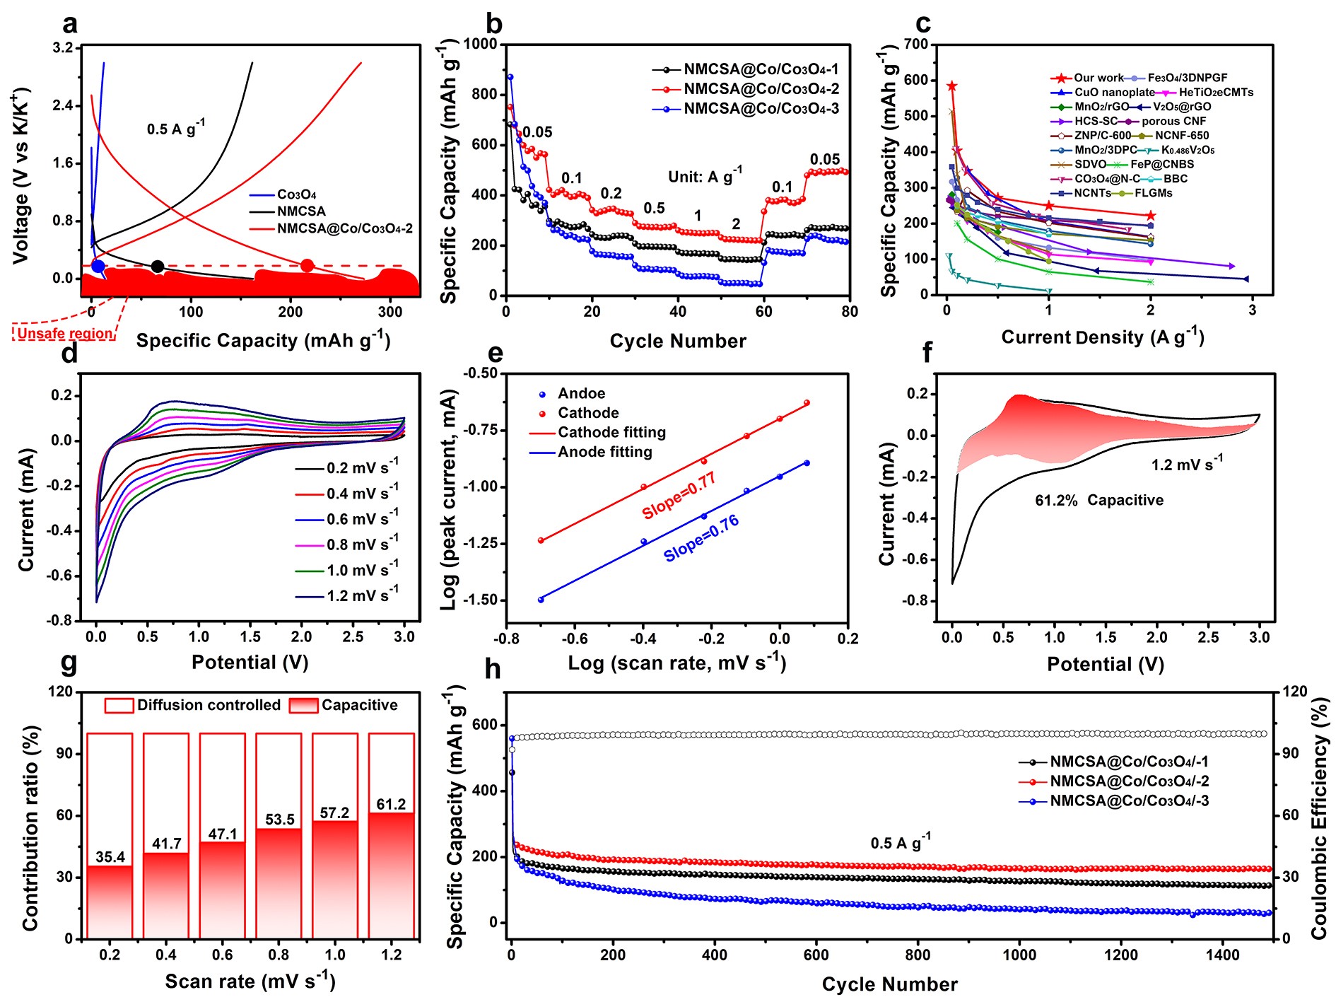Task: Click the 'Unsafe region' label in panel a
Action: coord(64,333)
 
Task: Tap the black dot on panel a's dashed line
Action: coord(158,267)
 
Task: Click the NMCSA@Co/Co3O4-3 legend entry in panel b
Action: coord(761,109)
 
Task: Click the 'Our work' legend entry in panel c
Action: coord(1098,78)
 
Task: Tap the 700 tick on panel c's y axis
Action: coord(915,44)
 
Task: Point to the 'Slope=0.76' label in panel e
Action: coord(701,539)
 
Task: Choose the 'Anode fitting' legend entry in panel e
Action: coord(604,452)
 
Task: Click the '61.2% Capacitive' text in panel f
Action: coord(1098,501)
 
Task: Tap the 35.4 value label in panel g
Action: coord(110,857)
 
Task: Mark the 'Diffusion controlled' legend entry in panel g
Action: coord(209,705)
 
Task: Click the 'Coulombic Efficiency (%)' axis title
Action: coord(1319,818)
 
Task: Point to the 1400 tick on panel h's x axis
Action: coord(1222,955)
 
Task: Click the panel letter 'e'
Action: coord(495,352)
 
